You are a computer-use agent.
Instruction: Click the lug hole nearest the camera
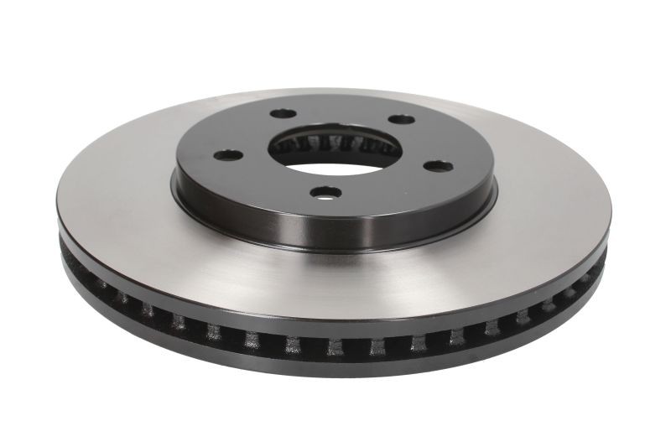(x=322, y=192)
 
